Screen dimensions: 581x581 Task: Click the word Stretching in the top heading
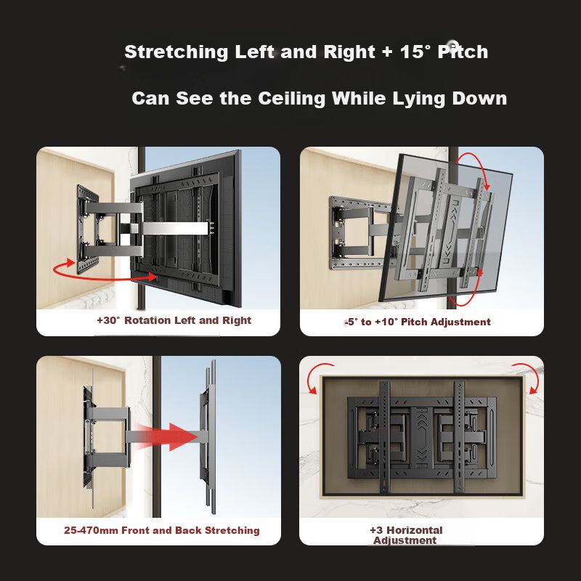[176, 52]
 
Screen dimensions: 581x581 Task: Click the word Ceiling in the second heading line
[291, 99]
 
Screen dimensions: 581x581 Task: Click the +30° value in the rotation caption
[108, 320]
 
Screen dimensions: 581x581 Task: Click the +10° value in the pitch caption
[386, 322]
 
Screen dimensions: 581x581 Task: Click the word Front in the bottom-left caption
[136, 530]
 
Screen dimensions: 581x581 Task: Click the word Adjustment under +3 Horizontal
[405, 540]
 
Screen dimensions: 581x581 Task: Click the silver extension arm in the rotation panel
[174, 228]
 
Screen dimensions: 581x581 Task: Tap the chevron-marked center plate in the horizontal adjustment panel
[421, 437]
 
